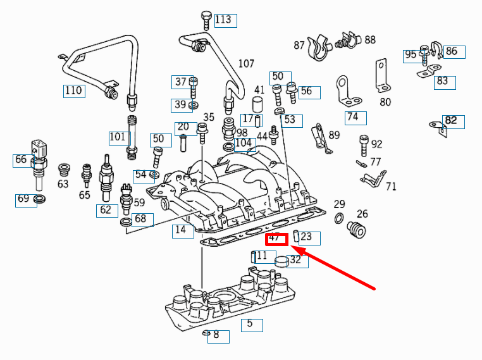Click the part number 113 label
coord(225,20)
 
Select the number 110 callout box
coord(73,90)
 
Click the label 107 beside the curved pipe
coord(246,64)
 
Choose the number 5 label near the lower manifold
coord(251,325)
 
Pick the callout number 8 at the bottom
coord(217,335)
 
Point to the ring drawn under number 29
coord(339,219)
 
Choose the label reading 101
coord(118,137)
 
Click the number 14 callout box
coord(182,230)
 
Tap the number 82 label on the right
coord(451,120)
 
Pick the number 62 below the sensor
coord(106,210)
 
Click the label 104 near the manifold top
coord(244,144)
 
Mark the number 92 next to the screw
coord(376,144)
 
